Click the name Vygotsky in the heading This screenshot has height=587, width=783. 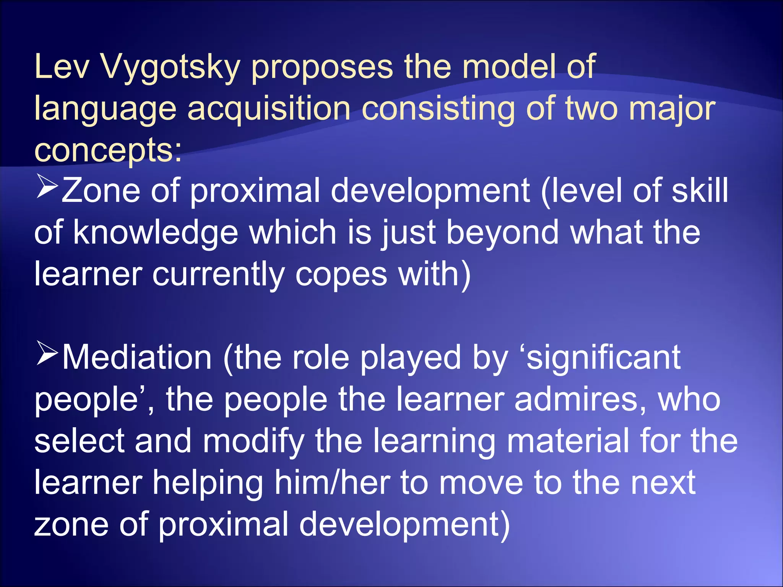coord(170,67)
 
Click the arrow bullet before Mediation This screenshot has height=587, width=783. coord(47,353)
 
